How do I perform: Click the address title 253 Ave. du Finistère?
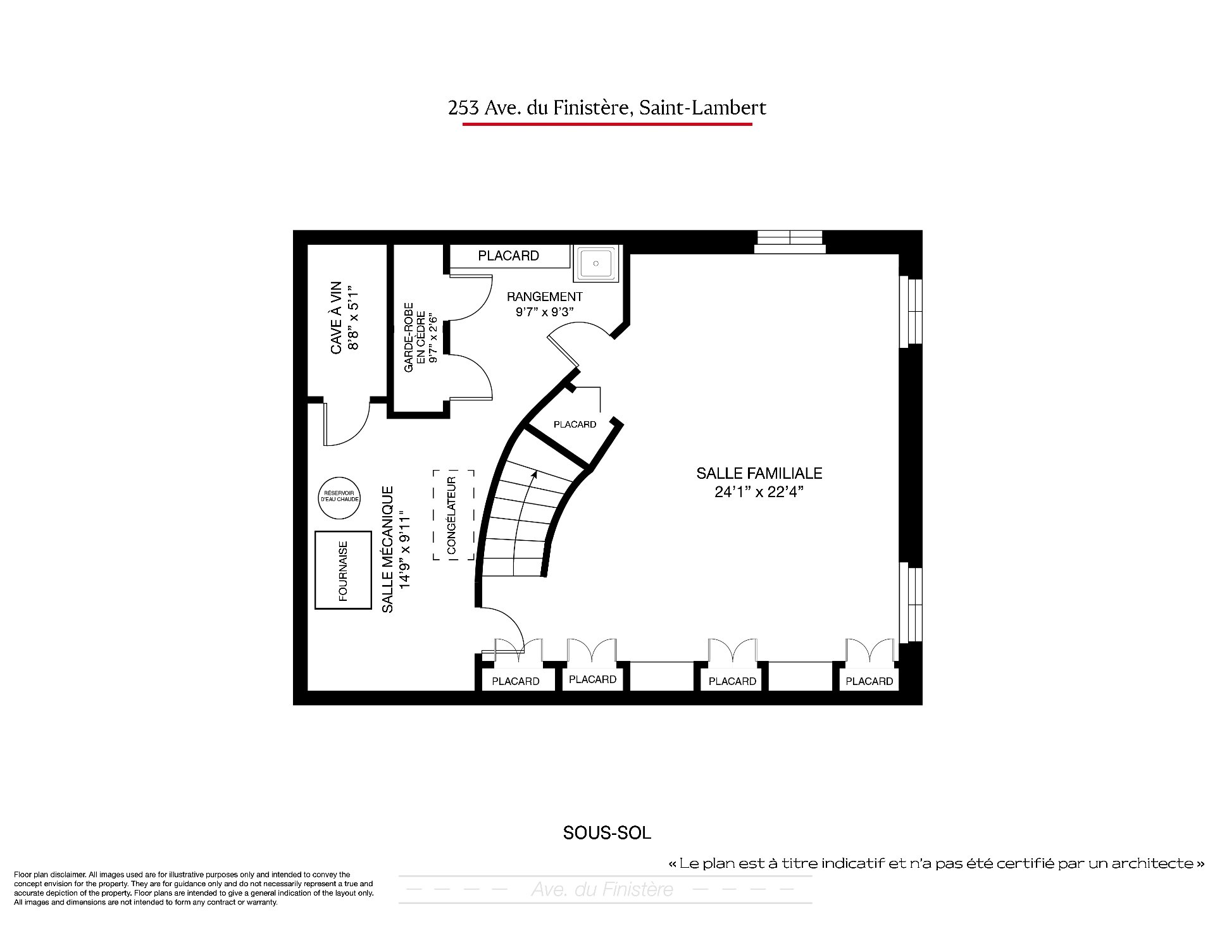pos(538,108)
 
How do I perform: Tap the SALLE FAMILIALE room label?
pos(759,473)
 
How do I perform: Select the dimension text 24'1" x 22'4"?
pos(759,492)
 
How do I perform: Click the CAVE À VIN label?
pos(336,318)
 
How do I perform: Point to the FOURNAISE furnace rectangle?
pos(343,570)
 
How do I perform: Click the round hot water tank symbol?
pos(340,498)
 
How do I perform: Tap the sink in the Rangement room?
pos(595,263)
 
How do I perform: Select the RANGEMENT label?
pos(545,297)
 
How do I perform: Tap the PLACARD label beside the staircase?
pos(575,424)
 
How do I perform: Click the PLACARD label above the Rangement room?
pos(509,256)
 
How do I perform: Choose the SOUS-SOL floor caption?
pos(607,833)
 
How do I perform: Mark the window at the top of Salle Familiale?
pos(790,242)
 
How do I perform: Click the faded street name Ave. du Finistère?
pos(602,889)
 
